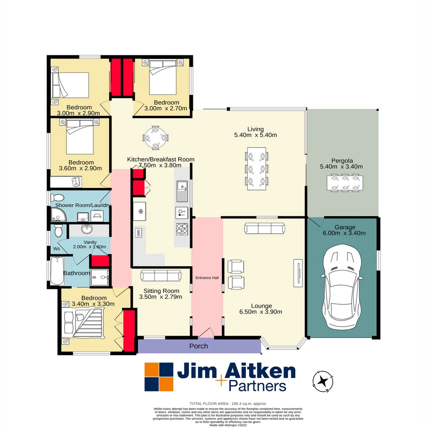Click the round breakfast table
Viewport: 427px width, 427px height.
point(155,138)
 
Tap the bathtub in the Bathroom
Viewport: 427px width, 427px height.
point(57,270)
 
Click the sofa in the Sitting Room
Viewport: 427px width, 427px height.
point(161,275)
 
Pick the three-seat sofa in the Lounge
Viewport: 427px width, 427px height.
point(265,228)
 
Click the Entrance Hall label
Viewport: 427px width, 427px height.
point(207,278)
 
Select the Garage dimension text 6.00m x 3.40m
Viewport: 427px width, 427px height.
point(345,233)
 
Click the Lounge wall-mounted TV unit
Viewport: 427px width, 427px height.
point(298,273)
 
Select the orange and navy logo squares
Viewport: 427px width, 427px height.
point(159,377)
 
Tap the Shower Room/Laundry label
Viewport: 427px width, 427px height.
point(83,205)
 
